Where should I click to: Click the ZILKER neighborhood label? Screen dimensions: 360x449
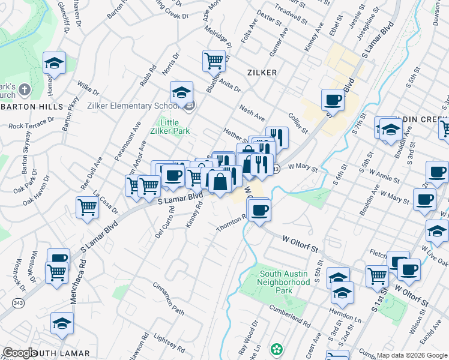tap(262, 73)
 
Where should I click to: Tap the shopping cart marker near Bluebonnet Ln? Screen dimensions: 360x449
tap(214, 60)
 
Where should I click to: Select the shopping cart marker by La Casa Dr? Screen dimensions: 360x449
tap(87, 207)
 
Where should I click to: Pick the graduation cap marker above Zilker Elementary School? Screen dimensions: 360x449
tap(181, 92)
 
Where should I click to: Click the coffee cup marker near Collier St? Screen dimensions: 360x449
tap(332, 99)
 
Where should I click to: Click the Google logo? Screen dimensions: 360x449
tap(20, 353)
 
